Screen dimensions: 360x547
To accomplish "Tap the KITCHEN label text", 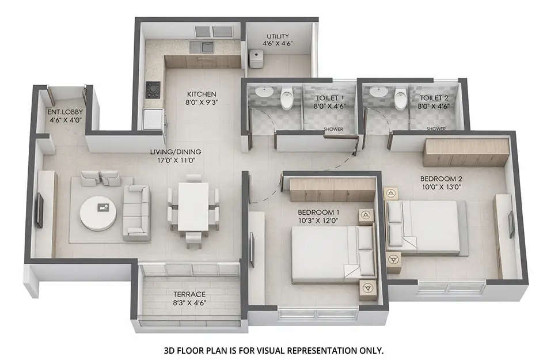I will click(202, 94).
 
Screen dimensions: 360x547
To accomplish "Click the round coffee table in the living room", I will click(97, 213).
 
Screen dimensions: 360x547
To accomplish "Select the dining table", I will click(193, 206).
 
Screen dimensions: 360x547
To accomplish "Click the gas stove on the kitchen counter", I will click(153, 90).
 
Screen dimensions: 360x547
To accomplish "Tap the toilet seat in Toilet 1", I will click(287, 100).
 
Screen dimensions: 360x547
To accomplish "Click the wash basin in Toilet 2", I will click(379, 92).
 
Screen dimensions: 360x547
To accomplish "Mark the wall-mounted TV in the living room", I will click(40, 211).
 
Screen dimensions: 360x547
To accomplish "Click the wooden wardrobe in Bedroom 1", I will click(332, 190).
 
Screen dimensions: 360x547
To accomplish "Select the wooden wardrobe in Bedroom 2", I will click(466, 152).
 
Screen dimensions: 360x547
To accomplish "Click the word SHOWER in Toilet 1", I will click(333, 129).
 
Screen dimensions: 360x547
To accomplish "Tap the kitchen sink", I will click(202, 47).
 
